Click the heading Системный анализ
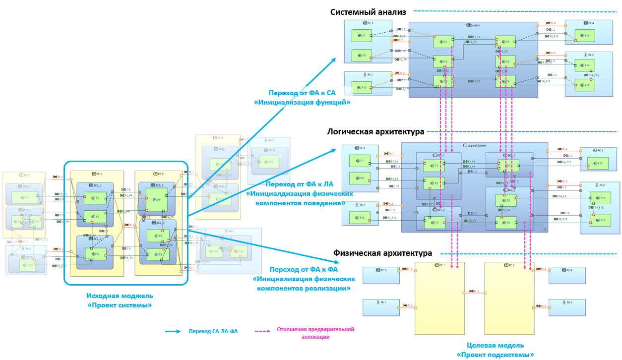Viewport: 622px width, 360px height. pyautogui.click(x=368, y=12)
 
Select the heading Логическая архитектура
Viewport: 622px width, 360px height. pyautogui.click(x=375, y=132)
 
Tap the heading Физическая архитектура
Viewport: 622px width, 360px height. pyautogui.click(x=383, y=253)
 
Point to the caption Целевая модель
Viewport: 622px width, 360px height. pyautogui.click(x=495, y=345)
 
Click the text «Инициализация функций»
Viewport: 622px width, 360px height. pyautogui.click(x=302, y=103)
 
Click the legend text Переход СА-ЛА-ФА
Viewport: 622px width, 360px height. pyautogui.click(x=213, y=332)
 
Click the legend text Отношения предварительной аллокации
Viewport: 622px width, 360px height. pyautogui.click(x=315, y=332)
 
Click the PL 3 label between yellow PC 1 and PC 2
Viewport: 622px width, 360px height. pyautogui.click(x=475, y=291)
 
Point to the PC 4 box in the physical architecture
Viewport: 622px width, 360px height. pyautogui.click(x=566, y=275)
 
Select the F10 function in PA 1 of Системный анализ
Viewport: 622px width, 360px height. pyautogui.click(x=362, y=88)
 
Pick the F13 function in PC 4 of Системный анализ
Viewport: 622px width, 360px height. pyautogui.click(x=585, y=36)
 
